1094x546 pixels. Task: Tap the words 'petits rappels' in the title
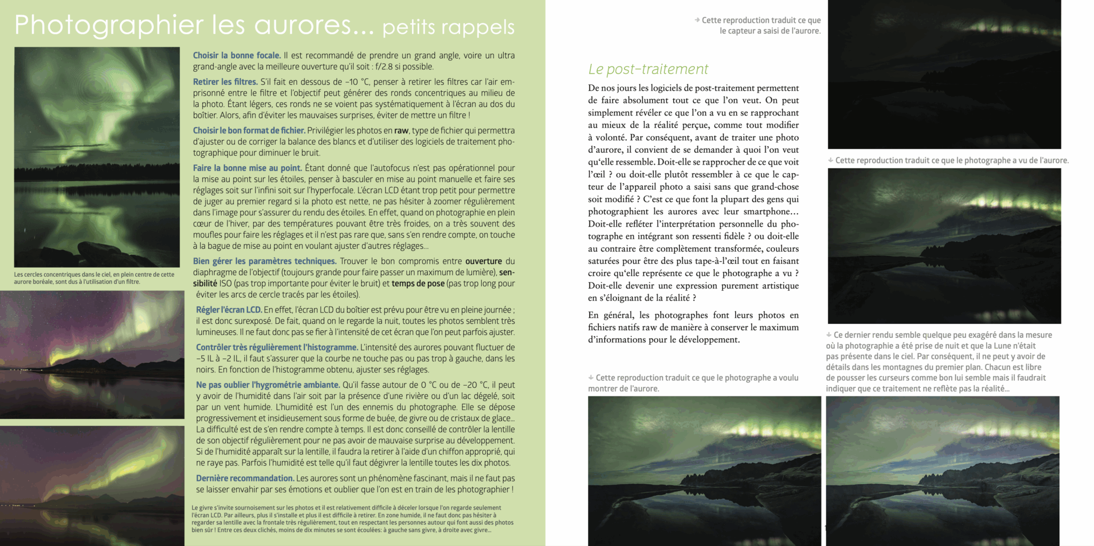coord(448,27)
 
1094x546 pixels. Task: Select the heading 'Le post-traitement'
coord(648,69)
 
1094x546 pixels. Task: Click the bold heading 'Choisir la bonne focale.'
coord(237,56)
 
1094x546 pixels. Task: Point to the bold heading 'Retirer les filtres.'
coord(225,82)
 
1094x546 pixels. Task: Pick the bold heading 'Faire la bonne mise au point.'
coord(247,168)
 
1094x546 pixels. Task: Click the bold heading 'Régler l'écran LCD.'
coord(229,310)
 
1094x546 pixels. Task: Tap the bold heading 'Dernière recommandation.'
coord(245,478)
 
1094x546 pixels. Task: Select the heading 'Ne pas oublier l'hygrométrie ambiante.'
coord(268,385)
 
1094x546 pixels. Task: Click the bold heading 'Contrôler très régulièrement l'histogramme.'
coord(277,347)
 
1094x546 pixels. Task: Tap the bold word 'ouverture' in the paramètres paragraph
coord(483,261)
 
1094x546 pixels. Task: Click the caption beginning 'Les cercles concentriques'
coord(94,278)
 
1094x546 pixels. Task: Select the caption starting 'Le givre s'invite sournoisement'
coord(353,519)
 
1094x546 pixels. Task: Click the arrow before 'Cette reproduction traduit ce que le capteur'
coord(697,20)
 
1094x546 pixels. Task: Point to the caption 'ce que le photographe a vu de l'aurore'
coord(951,160)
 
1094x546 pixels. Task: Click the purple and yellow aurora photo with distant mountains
coord(92,354)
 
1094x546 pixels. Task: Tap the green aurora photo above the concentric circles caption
coord(97,157)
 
